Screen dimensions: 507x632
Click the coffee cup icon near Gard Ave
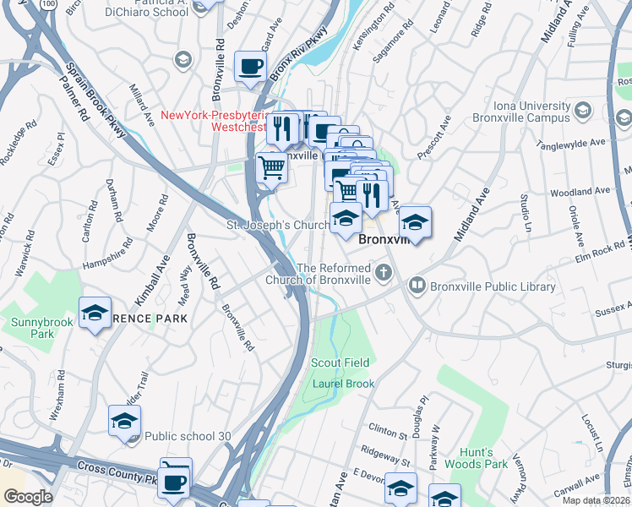click(x=250, y=67)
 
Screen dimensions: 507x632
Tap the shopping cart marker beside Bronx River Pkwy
click(x=271, y=167)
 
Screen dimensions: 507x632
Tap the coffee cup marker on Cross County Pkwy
click(x=175, y=481)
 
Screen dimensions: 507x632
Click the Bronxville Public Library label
click(x=493, y=286)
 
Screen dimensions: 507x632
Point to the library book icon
click(x=417, y=286)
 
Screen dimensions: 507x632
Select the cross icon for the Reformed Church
click(x=385, y=271)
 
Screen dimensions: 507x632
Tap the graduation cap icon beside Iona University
click(x=582, y=110)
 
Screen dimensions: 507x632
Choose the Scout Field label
click(x=341, y=363)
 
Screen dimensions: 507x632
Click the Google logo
click(x=27, y=497)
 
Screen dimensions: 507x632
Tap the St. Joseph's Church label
click(x=276, y=226)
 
